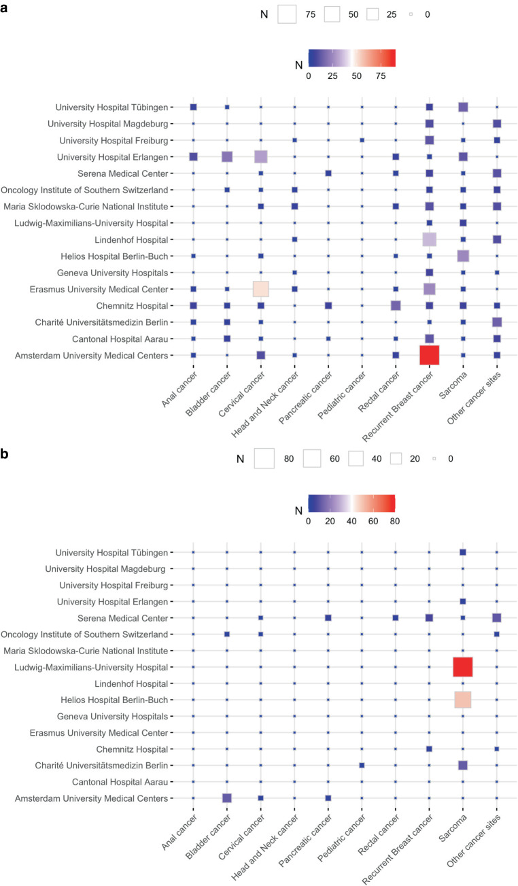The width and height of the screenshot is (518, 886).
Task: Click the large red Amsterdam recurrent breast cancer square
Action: (430, 355)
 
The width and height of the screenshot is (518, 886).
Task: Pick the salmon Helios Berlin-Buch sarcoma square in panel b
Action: (463, 700)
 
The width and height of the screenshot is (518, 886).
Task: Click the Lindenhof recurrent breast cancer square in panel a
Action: (430, 239)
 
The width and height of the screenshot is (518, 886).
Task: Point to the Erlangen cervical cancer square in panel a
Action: (261, 157)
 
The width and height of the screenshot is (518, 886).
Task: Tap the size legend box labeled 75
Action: (288, 14)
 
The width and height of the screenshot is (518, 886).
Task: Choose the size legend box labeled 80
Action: (264, 459)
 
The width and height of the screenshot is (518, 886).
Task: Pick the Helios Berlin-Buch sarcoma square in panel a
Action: (463, 256)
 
